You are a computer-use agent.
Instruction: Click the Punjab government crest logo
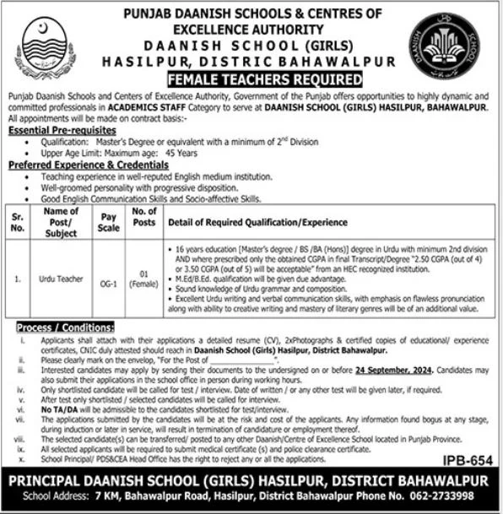click(x=46, y=46)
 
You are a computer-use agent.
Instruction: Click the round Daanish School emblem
click(x=440, y=46)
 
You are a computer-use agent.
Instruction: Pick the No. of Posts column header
click(x=145, y=222)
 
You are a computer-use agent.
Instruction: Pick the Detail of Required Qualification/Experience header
click(x=251, y=222)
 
